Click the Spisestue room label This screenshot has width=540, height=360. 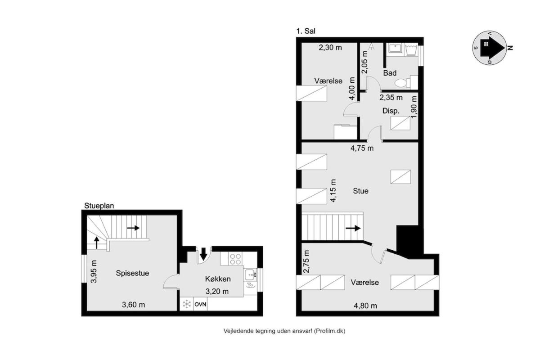(x=132, y=273)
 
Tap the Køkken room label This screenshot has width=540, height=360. (x=218, y=279)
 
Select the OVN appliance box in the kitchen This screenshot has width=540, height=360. (x=200, y=304)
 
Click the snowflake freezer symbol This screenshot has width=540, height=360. (x=187, y=304)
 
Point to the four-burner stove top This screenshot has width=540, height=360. (x=235, y=259)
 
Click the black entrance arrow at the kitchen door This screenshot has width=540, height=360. (x=204, y=254)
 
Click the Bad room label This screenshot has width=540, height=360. (x=390, y=73)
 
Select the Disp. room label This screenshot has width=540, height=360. (x=391, y=111)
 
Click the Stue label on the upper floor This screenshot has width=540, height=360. (x=360, y=191)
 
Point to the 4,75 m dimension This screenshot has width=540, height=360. (x=362, y=148)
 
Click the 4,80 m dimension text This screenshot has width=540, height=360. (x=365, y=306)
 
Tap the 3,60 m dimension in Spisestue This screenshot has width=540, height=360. (x=133, y=305)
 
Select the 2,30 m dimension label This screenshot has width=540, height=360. (x=330, y=48)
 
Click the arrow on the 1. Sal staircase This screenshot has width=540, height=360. (x=353, y=228)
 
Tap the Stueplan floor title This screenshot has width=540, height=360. (x=99, y=206)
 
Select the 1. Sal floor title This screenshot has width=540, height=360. (x=306, y=31)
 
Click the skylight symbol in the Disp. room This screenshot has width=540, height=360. (x=400, y=123)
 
